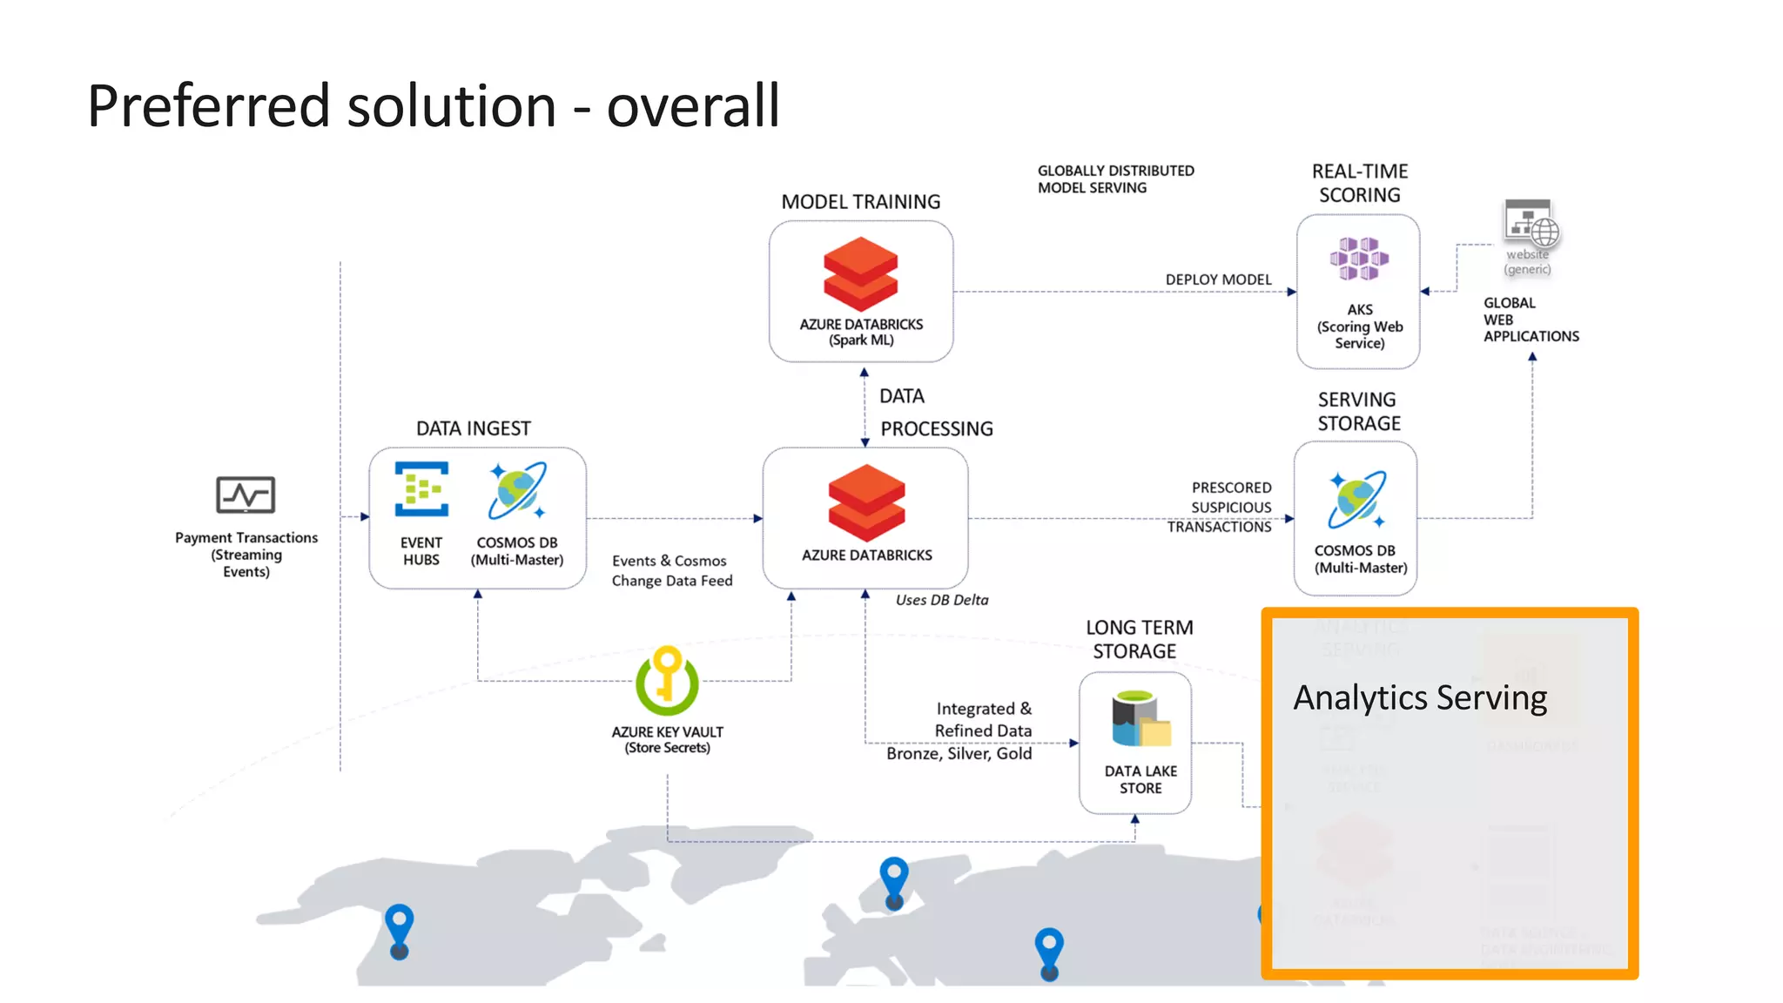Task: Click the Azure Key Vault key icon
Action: (667, 680)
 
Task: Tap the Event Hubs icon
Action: (421, 489)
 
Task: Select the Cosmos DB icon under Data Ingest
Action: (517, 490)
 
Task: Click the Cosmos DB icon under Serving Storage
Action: (1356, 500)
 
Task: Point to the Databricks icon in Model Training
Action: (860, 273)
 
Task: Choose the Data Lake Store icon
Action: (1140, 718)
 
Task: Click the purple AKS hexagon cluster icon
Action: (1358, 259)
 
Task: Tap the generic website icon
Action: (1531, 224)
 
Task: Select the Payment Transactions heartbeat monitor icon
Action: (246, 495)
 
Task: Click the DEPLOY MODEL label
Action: (1218, 279)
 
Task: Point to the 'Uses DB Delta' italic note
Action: (942, 600)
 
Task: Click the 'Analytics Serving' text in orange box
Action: (1420, 698)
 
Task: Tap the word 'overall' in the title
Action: (692, 106)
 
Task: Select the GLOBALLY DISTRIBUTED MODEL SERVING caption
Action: (1115, 179)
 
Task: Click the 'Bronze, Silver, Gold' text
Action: (959, 753)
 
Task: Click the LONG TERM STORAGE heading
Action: (1137, 639)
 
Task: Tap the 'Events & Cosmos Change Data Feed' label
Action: (671, 571)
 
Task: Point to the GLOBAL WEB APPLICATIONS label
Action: (1530, 320)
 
